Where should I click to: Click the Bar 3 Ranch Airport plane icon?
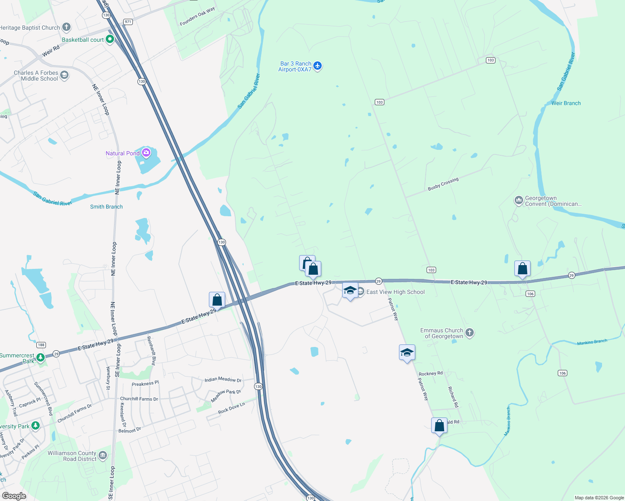pos(318,66)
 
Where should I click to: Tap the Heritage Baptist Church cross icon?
pos(66,28)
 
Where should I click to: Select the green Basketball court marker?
pos(110,39)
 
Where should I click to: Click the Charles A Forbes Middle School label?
pos(36,76)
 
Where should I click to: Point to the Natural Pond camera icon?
pos(146,153)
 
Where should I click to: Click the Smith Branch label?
pos(107,207)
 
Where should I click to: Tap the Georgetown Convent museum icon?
pos(518,201)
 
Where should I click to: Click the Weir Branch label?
pos(566,103)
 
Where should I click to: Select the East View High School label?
pos(395,292)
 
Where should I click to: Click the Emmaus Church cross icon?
pos(470,333)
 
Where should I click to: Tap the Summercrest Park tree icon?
pos(41,357)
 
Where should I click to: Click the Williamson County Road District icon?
pos(103,455)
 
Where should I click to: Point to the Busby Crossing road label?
pos(443,184)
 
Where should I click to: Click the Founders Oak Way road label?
pos(197,16)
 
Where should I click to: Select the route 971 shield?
pos(128,22)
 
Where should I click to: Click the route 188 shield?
pos(41,345)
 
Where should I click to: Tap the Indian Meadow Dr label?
pos(223,380)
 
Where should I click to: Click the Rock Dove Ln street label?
pos(231,408)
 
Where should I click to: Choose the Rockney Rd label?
pos(430,374)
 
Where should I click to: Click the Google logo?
pos(14,496)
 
